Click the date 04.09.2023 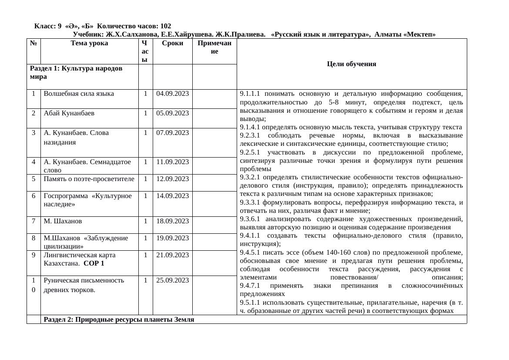coord(172,94)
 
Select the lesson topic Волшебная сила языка coord(79,94)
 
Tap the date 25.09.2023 coord(172,280)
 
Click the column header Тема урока coord(89,43)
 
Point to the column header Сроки coord(172,43)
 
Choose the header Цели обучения coord(351,64)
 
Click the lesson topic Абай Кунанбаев coord(69,113)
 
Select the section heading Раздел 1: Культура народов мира coord(76,73)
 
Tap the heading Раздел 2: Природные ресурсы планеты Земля coord(119,320)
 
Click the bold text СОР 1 coord(94,263)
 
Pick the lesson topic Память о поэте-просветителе coord(89,179)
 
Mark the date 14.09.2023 coord(172,196)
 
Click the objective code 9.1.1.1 coord(250,94)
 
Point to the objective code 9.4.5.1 coord(250,252)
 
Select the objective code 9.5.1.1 coord(250,303)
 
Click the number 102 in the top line coord(165,26)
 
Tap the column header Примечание coord(214,47)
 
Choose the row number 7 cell coord(33,221)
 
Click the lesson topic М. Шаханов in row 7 coord(63,221)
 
